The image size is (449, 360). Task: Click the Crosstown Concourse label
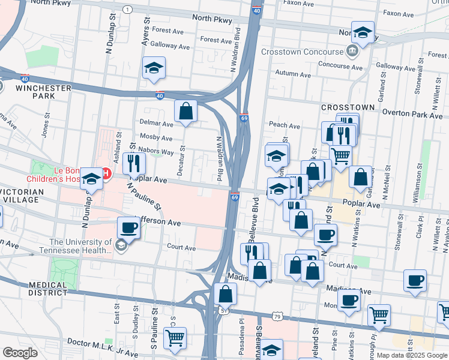point(303,51)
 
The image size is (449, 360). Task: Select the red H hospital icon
point(106,175)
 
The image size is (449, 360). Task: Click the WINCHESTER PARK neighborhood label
point(43,92)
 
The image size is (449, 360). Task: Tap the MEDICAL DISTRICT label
point(47,289)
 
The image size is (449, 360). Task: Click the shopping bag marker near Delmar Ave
point(186,111)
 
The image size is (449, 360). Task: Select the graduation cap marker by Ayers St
point(154,68)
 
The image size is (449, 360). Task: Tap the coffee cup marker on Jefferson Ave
point(129,228)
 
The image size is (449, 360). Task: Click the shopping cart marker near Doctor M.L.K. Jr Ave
point(175,338)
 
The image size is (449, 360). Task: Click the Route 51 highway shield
point(223,310)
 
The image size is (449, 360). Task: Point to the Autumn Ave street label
point(293,74)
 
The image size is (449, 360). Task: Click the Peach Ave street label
point(285,126)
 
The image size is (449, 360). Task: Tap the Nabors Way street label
point(155,151)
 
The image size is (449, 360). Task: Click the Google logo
point(20,353)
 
